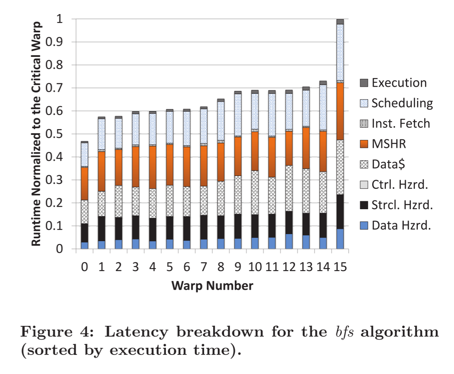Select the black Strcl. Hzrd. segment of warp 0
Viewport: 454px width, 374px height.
(85, 233)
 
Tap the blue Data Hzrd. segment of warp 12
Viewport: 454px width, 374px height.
(289, 242)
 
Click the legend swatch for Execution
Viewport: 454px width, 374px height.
(364, 83)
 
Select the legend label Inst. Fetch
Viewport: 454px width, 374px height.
(400, 123)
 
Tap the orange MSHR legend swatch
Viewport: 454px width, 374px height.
(364, 144)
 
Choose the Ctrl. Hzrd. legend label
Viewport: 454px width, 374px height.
(400, 185)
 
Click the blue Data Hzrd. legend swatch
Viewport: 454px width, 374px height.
(364, 226)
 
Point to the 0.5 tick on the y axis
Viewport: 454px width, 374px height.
(56, 134)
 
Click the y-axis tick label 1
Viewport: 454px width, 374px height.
(60, 19)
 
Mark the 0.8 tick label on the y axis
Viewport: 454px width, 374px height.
(56, 65)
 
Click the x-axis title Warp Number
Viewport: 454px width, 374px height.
(212, 286)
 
